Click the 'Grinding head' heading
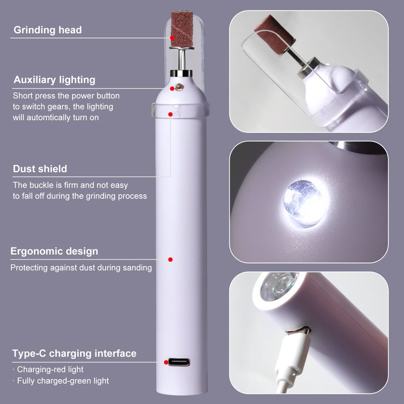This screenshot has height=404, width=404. (x=47, y=30)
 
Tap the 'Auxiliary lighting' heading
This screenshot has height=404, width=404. (x=55, y=80)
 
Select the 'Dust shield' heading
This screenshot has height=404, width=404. (x=40, y=169)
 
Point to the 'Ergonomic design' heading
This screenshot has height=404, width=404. (x=54, y=251)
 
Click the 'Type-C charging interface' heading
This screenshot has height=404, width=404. (x=74, y=353)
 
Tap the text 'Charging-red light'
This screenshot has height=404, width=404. (x=50, y=370)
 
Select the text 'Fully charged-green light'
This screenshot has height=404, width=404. (x=63, y=381)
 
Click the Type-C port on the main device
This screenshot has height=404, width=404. (x=179, y=362)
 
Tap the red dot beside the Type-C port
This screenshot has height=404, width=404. (x=166, y=362)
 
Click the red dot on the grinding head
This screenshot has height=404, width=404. (x=172, y=37)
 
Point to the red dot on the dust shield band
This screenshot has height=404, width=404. (x=170, y=114)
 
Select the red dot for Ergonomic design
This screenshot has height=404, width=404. (x=170, y=260)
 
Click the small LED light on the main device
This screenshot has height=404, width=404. (x=179, y=87)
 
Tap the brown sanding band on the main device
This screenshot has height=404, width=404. (x=182, y=29)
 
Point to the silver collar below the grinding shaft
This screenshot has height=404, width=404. (x=181, y=73)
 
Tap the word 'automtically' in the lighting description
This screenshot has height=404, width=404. (x=48, y=118)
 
